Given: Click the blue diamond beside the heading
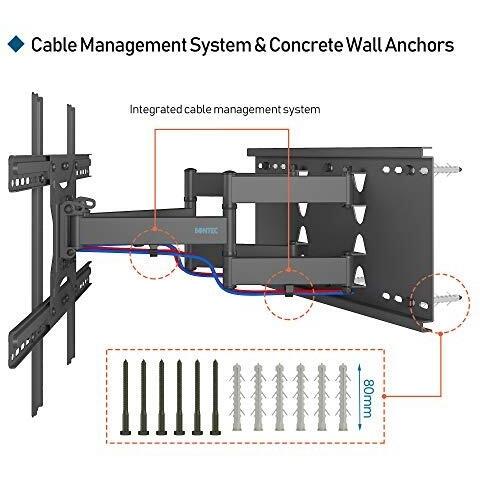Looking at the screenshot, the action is (x=16, y=44).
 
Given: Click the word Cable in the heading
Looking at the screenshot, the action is (x=54, y=45).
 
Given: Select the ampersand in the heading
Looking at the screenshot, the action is (x=260, y=45).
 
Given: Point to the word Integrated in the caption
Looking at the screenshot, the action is (x=156, y=109).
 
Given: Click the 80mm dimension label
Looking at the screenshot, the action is (x=368, y=398).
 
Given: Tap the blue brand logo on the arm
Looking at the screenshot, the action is (x=206, y=230).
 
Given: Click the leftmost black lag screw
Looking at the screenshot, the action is (x=125, y=397).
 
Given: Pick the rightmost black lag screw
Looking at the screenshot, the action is (x=215, y=397).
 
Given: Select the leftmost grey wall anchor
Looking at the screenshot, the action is (x=237, y=397).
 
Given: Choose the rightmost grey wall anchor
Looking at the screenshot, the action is (x=343, y=397).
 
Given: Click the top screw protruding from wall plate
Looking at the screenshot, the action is (x=447, y=169).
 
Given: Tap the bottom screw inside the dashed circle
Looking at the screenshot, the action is (x=447, y=298).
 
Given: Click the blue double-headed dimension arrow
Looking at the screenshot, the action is (x=360, y=397).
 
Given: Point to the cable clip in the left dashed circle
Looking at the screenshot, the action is (x=153, y=251).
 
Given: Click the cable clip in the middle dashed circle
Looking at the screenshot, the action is (x=289, y=290).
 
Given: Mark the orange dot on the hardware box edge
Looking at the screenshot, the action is (x=384, y=396).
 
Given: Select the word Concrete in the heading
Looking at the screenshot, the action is (x=306, y=45).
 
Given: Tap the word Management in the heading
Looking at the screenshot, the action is (x=133, y=45).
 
